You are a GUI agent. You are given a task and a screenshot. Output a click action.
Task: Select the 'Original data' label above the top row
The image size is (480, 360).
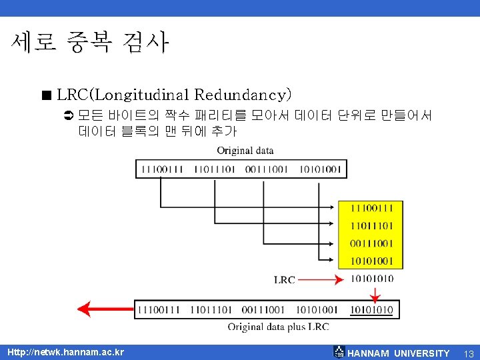pyautogui.click(x=245, y=151)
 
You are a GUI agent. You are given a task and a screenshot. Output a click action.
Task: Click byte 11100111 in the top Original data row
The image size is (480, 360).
pyautogui.click(x=162, y=169)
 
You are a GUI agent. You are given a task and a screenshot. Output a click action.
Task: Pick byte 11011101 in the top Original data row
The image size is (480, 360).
pyautogui.click(x=215, y=169)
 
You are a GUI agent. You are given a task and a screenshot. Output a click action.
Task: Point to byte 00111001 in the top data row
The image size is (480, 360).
pyautogui.click(x=267, y=169)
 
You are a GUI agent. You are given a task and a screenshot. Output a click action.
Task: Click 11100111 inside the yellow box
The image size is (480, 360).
pyautogui.click(x=371, y=209)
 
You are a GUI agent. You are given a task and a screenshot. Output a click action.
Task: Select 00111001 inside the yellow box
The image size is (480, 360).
pyautogui.click(x=371, y=243)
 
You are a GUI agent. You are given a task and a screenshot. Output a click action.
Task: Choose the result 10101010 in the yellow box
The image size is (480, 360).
pyautogui.click(x=371, y=279)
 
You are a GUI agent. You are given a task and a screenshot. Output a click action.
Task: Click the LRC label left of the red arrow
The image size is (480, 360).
pyautogui.click(x=285, y=280)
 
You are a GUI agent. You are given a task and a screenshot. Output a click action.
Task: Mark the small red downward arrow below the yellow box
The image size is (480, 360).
pyautogui.click(x=375, y=294)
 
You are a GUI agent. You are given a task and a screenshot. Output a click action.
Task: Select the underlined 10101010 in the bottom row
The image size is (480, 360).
pyautogui.click(x=371, y=310)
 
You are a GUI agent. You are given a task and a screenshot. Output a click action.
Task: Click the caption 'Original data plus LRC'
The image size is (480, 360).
pyautogui.click(x=278, y=327)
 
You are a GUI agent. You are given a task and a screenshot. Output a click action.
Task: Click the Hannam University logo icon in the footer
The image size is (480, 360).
pyautogui.click(x=339, y=352)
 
